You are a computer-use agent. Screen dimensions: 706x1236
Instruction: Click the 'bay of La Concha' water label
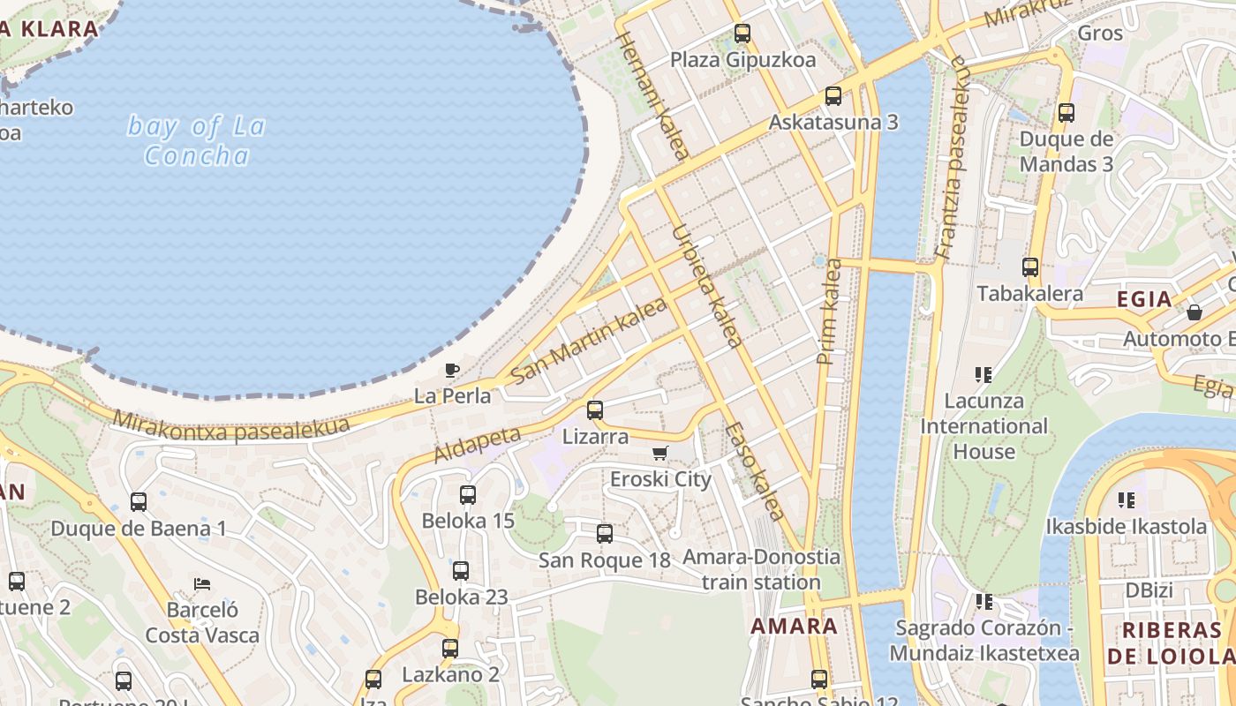point(196,140)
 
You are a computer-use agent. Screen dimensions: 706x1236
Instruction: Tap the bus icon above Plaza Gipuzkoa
point(742,34)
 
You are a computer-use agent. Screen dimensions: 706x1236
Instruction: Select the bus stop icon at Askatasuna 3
point(833,96)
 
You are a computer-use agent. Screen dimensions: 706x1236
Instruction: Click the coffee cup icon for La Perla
point(452,370)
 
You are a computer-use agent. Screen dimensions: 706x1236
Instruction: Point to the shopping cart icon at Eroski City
point(659,454)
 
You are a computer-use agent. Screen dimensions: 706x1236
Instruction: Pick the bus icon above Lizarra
point(595,409)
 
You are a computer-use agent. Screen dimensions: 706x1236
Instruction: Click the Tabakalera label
point(1029,294)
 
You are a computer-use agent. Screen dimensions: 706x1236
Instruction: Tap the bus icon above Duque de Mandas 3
point(1066,112)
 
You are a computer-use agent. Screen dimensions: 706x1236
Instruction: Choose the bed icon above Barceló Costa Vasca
point(202,584)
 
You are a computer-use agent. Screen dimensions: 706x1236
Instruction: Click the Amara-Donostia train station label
point(761,570)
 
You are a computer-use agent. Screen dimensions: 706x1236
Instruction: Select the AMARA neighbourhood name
point(794,627)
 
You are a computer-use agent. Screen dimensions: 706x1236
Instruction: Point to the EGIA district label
point(1144,299)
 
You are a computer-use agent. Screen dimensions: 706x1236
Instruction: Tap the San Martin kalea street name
point(588,340)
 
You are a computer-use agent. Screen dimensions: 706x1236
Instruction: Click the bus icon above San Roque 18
point(605,533)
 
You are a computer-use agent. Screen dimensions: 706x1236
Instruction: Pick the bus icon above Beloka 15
point(468,494)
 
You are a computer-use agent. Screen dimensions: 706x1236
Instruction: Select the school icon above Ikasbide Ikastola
point(1126,500)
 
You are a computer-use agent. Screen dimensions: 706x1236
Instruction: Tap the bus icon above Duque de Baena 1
point(139,502)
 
